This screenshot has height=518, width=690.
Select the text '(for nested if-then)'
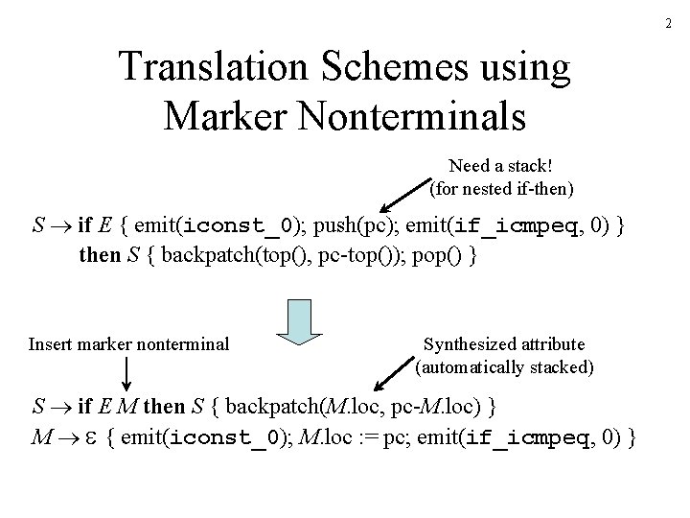click(503, 189)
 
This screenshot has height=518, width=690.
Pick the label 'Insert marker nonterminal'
click(129, 342)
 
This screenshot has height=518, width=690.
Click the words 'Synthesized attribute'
click(505, 343)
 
